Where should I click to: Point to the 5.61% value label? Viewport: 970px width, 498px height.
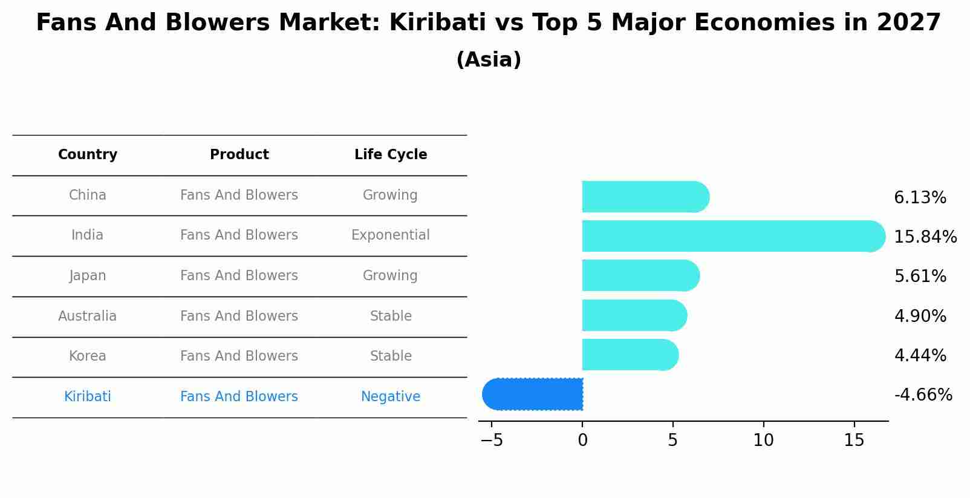920,277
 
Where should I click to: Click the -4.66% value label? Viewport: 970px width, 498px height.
923,395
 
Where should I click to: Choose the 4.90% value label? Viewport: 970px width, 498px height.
920,316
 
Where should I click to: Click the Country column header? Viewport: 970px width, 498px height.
88,155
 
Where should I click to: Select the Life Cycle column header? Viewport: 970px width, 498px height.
391,155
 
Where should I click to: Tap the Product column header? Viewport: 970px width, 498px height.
239,155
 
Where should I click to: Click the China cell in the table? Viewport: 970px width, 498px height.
88,195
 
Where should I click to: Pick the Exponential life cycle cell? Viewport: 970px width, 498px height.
391,235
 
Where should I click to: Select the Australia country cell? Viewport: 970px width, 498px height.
88,316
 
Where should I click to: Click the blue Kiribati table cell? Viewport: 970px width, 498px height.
88,397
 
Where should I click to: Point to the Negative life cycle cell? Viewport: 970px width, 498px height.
391,397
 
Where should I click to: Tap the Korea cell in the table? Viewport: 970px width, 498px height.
88,356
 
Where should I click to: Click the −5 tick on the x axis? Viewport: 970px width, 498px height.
492,441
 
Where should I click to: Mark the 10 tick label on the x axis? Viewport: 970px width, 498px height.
763,441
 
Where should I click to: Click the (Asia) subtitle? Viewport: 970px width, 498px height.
489,60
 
